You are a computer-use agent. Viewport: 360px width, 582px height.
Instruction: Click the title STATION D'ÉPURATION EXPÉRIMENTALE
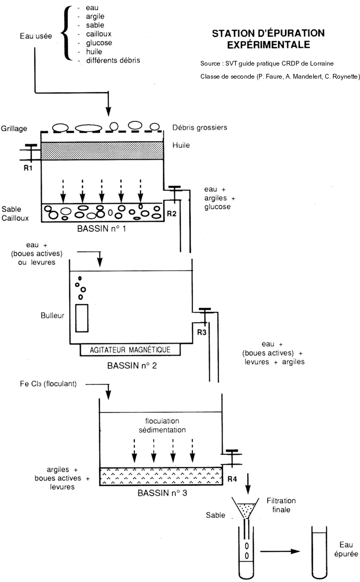[x=268, y=39]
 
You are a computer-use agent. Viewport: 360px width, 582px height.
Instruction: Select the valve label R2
[x=171, y=213]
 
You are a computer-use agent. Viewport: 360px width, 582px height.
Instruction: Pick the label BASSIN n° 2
[x=132, y=365]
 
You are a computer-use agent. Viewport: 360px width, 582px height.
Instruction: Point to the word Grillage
[x=14, y=128]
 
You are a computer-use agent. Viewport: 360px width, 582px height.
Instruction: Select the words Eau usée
[x=35, y=35]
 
